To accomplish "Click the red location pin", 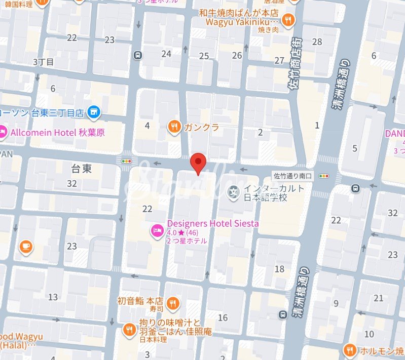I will (x=198, y=162).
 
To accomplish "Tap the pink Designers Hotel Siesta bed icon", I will (x=157, y=231).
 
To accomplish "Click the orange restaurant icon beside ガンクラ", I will (x=174, y=127).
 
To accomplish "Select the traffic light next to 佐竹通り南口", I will (x=322, y=176).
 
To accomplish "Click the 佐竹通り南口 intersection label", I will (x=292, y=176).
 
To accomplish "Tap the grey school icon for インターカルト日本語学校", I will (x=234, y=192).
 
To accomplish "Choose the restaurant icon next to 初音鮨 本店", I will (x=173, y=303).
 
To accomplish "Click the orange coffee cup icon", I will (x=25, y=246).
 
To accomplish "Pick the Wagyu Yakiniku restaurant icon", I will (x=288, y=20).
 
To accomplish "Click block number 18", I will (x=279, y=269).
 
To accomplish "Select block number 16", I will (x=223, y=317).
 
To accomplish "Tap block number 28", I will (x=317, y=42).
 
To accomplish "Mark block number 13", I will (x=53, y=297).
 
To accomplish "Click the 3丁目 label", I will (x=43, y=62).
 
